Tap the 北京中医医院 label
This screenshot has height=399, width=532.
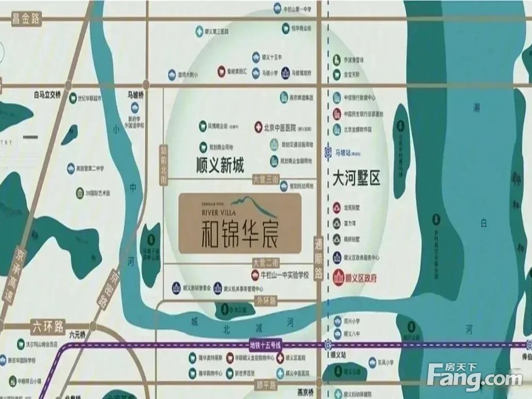coord(286,128)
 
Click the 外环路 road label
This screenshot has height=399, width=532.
coord(266,300)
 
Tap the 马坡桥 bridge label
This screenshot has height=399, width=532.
coord(137,94)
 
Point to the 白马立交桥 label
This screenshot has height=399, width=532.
coord(47,96)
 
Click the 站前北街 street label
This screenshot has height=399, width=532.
coord(163,165)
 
